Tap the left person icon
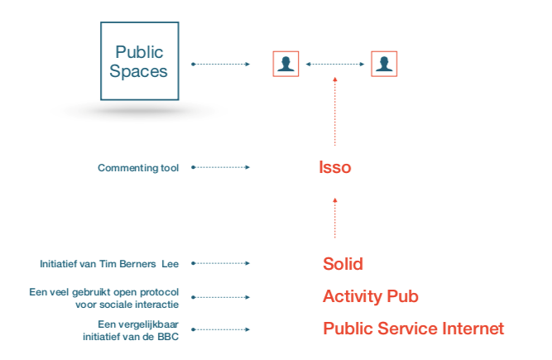[x=286, y=64]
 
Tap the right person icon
[x=384, y=64]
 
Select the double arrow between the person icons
[x=335, y=64]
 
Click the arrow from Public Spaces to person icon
[x=221, y=64]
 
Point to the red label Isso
[x=335, y=167]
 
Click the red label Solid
[x=343, y=264]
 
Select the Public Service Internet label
[x=413, y=329]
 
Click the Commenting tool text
[x=138, y=168]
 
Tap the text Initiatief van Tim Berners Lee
[x=109, y=264]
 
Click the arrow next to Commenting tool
[x=221, y=167]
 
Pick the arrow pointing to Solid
[x=221, y=264]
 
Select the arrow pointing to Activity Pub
[x=221, y=296]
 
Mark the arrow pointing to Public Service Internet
[x=221, y=329]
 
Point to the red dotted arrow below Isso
[x=335, y=217]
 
